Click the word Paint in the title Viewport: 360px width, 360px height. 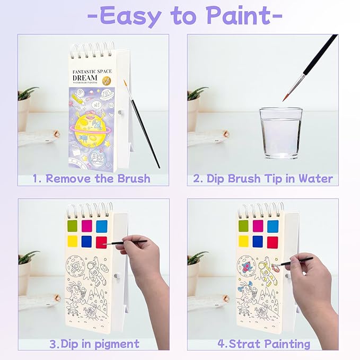pyautogui.click(x=244, y=16)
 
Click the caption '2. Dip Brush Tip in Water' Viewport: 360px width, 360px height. pyautogui.click(x=263, y=178)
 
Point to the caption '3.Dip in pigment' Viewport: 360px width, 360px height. pyautogui.click(x=94, y=344)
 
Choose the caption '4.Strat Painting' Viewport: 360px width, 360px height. pyautogui.click(x=264, y=344)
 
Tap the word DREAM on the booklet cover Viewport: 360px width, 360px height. pyautogui.click(x=93, y=77)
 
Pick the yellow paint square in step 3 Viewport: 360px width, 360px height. pyautogui.click(x=73, y=242)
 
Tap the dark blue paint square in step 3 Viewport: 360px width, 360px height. pyautogui.click(x=87, y=242)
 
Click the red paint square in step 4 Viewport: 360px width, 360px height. pyautogui.click(x=273, y=242)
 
